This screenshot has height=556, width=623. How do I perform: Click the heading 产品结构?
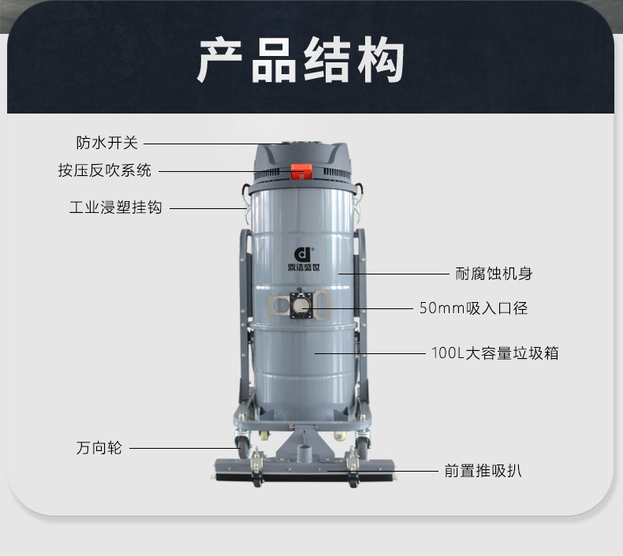300,60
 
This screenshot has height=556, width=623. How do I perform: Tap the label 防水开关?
107,143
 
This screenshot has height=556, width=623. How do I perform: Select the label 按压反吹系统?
105,170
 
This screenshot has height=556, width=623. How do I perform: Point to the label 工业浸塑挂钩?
116,207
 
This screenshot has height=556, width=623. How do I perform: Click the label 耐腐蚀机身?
494,274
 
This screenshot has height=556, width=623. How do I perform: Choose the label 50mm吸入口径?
474,308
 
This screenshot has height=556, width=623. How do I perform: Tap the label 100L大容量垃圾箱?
495,353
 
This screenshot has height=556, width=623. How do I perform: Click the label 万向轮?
99,448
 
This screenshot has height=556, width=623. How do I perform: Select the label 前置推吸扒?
483,471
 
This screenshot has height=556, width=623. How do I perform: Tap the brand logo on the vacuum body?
304,259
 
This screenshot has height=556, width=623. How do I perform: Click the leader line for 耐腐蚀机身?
394,274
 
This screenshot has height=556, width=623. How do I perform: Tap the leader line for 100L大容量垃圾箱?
370,353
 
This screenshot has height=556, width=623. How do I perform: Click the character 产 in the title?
220,60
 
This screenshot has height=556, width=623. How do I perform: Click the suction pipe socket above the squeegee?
304,452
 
